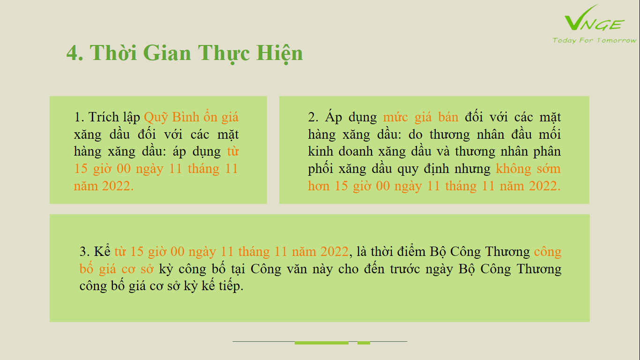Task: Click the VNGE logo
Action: (x=594, y=18)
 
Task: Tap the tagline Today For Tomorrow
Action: (x=594, y=40)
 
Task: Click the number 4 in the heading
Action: (x=72, y=53)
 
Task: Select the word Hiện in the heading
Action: (x=279, y=53)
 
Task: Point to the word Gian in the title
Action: (x=167, y=53)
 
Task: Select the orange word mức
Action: (x=395, y=117)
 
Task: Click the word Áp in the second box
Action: (x=334, y=116)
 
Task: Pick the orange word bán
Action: (x=448, y=117)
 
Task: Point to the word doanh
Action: (x=356, y=151)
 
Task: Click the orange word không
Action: (x=513, y=169)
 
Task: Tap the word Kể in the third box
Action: (x=102, y=251)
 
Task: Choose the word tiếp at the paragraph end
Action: (x=231, y=285)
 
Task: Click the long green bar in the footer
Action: (x=321, y=343)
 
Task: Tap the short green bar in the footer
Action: (x=364, y=343)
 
